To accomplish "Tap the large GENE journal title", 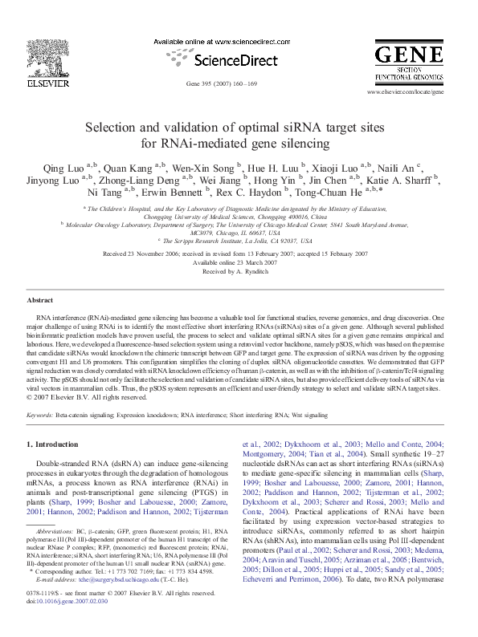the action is pos(408,56).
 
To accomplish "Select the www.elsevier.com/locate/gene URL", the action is pos(405,93).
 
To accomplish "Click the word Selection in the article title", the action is pos(134,128).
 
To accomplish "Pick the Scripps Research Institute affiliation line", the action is pos(239,240).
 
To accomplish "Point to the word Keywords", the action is pos(40,415).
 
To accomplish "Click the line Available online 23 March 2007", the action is pos(239,263).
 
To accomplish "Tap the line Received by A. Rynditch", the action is pos(239,272).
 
